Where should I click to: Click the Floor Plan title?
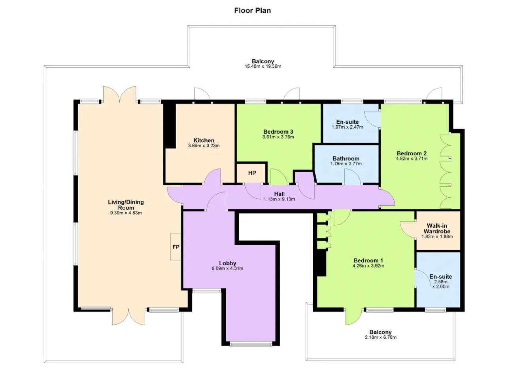pos(252,10)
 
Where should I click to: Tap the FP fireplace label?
pos(176,247)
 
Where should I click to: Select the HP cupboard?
pos(252,173)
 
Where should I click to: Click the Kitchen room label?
pos(204,140)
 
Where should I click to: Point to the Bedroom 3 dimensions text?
pos(278,137)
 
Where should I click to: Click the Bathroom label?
pos(346,159)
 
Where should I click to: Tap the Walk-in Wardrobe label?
pos(437,228)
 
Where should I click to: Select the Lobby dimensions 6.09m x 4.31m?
pos(227,268)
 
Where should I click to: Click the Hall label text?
pos(279,194)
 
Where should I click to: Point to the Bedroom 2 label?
pos(412,153)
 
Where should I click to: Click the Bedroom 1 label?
pos(368,260)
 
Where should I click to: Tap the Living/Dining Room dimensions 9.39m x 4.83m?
pos(126,213)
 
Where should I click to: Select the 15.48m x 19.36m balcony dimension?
pos(263,66)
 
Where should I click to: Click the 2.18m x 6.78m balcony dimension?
pos(380,337)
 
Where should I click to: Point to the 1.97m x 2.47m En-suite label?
pos(347,127)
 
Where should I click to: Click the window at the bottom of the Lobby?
pos(251,344)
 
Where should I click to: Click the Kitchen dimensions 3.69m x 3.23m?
pos(204,146)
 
